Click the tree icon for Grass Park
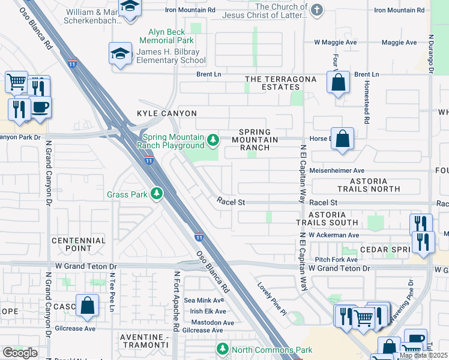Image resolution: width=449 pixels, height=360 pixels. pyautogui.click(x=156, y=194)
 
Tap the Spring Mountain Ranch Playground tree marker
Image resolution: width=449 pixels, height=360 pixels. pyautogui.click(x=212, y=140)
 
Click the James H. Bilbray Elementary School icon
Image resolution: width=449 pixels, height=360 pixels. pyautogui.click(x=121, y=54)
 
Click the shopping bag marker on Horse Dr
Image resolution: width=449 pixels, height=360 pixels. pyautogui.click(x=342, y=139)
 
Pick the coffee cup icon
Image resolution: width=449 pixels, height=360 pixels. pyautogui.click(x=41, y=107)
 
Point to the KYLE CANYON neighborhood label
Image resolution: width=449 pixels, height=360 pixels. pyautogui.click(x=158, y=113)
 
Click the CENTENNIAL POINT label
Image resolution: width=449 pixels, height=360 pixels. pyautogui.click(x=79, y=244)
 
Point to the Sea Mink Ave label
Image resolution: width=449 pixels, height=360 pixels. pyautogui.click(x=205, y=300)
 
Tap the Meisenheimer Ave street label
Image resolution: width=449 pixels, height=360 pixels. pyautogui.click(x=337, y=170)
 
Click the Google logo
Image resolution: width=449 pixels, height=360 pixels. pyautogui.click(x=20, y=353)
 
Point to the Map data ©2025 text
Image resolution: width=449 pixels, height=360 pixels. pyautogui.click(x=423, y=355)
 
